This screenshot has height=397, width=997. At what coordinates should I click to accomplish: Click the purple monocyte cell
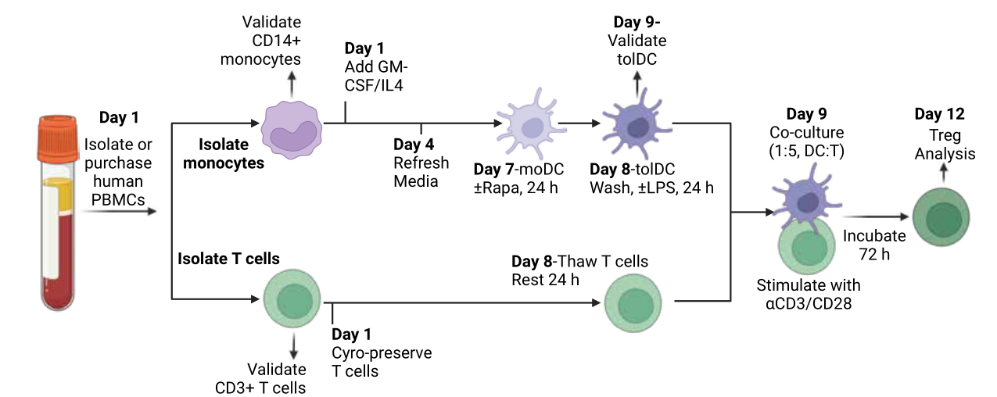click(292, 130)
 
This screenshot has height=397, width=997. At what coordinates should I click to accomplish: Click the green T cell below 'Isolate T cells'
click(292, 299)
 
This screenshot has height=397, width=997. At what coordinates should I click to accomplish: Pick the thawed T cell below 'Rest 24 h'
click(633, 303)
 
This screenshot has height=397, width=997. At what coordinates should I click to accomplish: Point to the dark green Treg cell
click(941, 216)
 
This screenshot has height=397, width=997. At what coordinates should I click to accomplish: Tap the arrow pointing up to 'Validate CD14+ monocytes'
click(292, 84)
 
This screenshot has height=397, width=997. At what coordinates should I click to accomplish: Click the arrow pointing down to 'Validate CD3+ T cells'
click(293, 346)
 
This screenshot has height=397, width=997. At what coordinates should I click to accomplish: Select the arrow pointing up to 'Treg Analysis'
click(944, 173)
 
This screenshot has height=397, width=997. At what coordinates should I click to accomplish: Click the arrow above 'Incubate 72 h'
click(876, 216)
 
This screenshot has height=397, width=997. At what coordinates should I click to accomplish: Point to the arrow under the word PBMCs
click(120, 212)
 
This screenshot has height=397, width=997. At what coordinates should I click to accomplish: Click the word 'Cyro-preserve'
click(382, 353)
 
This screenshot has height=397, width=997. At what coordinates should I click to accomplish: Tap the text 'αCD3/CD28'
click(809, 303)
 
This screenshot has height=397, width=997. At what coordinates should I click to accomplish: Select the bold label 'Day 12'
click(940, 114)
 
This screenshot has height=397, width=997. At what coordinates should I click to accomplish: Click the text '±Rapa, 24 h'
click(515, 188)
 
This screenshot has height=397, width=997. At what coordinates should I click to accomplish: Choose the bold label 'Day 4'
click(414, 145)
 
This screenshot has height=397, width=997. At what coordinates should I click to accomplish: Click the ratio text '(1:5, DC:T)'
click(806, 152)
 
